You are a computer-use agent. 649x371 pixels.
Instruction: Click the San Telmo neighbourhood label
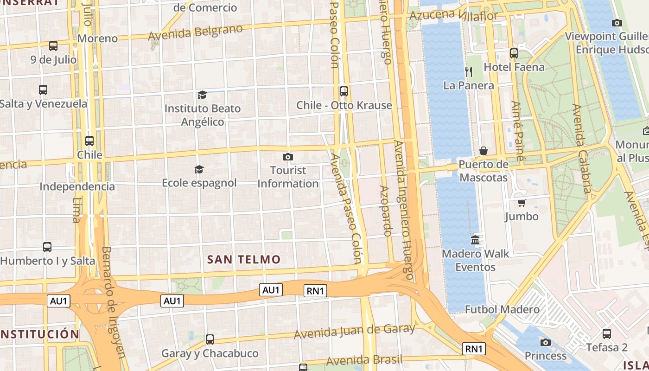pos(244,259)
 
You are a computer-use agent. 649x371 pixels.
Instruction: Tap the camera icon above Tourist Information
pos(288,157)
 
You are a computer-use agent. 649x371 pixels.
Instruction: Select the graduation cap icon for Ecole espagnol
pos(199,169)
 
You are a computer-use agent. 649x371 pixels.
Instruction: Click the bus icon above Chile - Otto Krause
pos(344,91)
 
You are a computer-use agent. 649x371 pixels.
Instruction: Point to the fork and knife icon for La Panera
pos(469,71)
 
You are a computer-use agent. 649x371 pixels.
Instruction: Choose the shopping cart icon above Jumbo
pos(522,203)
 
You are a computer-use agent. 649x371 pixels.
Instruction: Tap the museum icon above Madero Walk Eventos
pos(475,240)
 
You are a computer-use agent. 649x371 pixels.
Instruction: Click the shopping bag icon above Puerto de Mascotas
pos(484,151)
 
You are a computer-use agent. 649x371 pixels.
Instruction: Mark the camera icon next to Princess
pos(546,342)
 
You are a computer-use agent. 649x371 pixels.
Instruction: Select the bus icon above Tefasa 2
pos(606,333)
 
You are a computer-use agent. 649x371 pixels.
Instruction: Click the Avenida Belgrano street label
pos(195,32)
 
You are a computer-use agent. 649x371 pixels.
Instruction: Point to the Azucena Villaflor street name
pos(453,15)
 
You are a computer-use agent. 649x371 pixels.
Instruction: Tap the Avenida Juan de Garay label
pos(355,331)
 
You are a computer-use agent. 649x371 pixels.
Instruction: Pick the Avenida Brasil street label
pos(364,360)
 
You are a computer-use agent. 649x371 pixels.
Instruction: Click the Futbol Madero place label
pos(502,309)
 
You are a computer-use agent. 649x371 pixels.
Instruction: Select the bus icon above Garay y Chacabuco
pos(210,339)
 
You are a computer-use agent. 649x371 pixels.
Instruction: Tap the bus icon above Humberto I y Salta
pos(47,247)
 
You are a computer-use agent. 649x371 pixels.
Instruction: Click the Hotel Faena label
pos(514,67)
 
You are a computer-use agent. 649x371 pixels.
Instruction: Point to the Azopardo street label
pos(386,211)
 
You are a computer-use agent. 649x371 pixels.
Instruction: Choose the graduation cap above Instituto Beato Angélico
pos(202,95)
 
